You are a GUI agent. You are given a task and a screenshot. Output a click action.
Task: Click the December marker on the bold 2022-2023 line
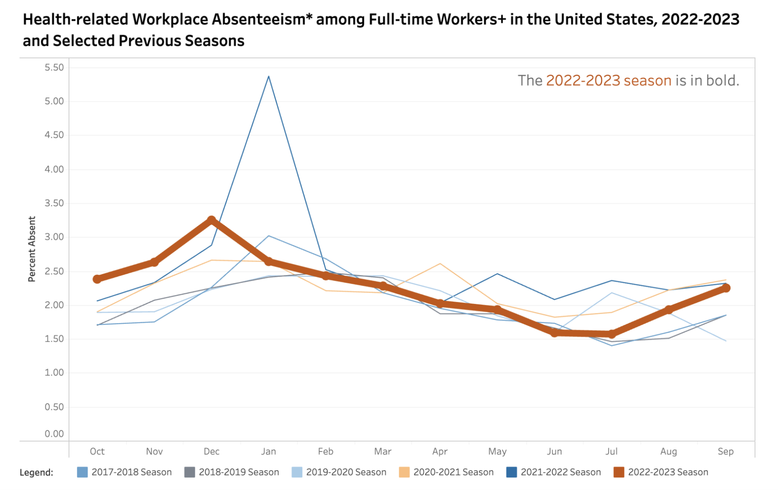(x=211, y=220)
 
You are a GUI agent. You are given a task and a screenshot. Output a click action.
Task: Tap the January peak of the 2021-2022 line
(x=269, y=76)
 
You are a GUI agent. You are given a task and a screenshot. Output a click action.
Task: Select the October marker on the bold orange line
(x=97, y=279)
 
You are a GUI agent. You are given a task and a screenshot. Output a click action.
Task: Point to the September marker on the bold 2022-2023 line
(x=726, y=288)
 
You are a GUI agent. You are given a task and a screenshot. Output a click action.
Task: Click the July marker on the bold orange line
(x=611, y=334)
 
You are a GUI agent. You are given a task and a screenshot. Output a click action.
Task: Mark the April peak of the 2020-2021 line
(x=440, y=264)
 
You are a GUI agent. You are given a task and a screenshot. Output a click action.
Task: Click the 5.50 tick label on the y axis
(x=54, y=68)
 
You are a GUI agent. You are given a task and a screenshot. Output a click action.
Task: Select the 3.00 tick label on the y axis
(x=54, y=237)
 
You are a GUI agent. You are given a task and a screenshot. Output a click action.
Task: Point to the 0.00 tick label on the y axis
(x=54, y=434)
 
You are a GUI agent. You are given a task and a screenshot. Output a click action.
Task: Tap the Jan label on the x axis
(x=269, y=451)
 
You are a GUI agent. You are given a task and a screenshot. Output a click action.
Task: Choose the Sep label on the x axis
(x=726, y=451)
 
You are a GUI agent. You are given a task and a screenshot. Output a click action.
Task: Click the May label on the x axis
(x=497, y=451)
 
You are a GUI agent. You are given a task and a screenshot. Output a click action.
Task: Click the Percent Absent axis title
(x=32, y=249)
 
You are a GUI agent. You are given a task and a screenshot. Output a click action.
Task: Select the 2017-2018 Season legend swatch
(x=82, y=472)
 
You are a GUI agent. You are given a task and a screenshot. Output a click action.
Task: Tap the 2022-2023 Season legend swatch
(x=619, y=472)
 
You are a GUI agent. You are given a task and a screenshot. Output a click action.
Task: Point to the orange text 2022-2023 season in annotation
(x=609, y=81)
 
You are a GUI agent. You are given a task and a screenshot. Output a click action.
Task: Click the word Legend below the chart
(x=36, y=473)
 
